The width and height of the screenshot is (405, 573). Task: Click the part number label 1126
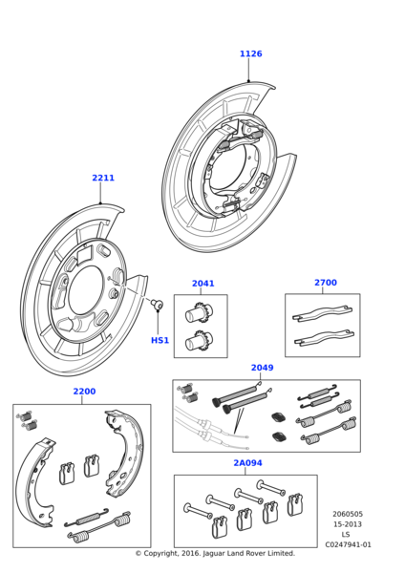(x=251, y=53)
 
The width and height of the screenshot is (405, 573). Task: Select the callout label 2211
(x=103, y=178)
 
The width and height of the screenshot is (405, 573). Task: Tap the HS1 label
(x=160, y=340)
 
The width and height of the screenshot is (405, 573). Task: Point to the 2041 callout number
(x=203, y=284)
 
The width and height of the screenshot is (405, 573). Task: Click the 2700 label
(x=326, y=283)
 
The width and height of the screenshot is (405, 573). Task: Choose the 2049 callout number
(x=262, y=368)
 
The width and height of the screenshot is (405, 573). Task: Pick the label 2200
(x=84, y=392)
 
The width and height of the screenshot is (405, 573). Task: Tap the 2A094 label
(x=247, y=463)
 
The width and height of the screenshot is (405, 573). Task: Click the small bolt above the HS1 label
(x=158, y=304)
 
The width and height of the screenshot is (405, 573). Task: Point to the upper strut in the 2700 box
(x=323, y=313)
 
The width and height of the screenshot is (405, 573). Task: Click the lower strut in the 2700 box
(x=324, y=338)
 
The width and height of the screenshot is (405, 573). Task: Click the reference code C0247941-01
(x=348, y=545)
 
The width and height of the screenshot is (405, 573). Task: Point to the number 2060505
(x=348, y=514)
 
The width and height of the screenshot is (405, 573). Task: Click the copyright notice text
(x=215, y=553)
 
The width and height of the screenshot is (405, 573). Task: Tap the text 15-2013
(x=348, y=524)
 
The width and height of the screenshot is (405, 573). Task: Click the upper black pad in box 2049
(x=279, y=417)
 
